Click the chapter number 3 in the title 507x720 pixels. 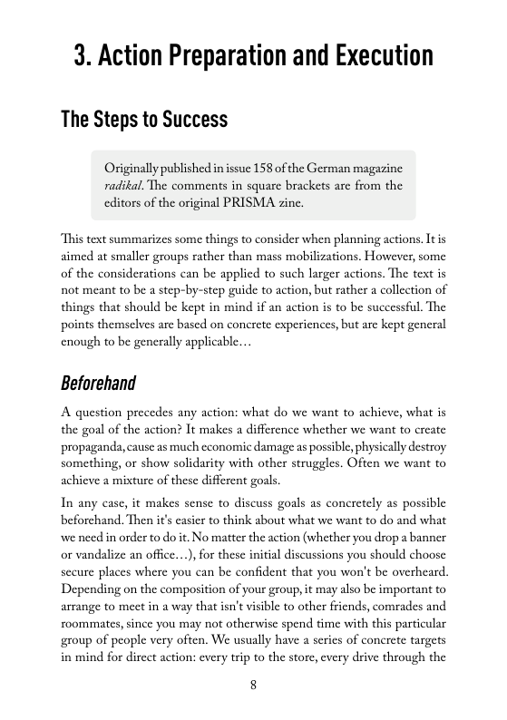pos(82,57)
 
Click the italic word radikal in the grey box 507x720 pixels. pos(123,187)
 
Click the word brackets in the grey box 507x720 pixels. pos(288,187)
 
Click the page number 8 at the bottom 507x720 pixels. pos(253,685)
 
